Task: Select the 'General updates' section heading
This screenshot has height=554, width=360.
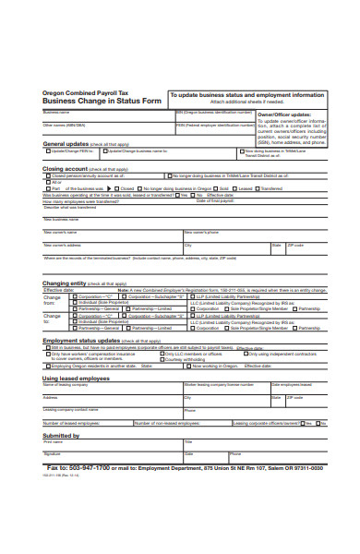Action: coord(66,144)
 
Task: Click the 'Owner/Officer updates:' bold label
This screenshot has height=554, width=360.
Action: coord(290,114)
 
